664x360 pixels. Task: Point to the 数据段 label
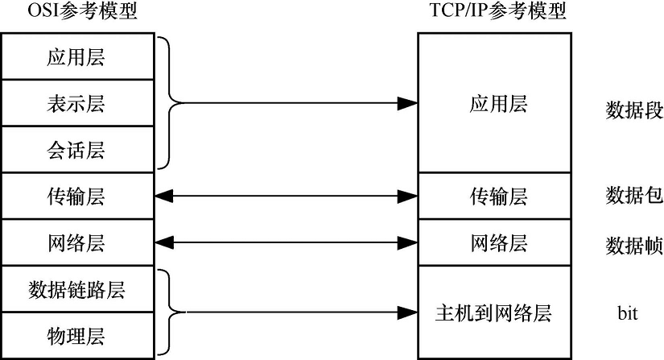tap(633, 111)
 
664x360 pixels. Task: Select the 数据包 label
tap(633, 196)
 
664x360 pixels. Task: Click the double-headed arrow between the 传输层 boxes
tap(284, 196)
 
